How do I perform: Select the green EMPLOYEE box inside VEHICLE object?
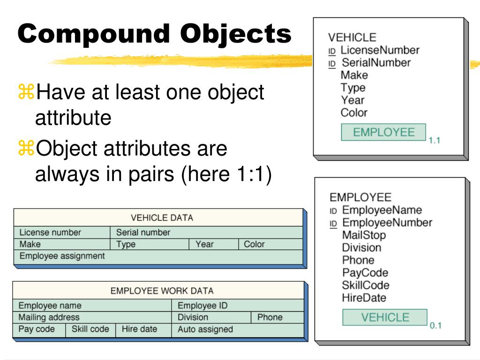383,132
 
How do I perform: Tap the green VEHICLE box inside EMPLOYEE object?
385,317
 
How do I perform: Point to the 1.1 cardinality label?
435,140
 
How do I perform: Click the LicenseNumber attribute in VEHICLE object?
380,50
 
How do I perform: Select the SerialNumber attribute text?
375,63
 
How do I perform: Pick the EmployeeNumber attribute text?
387,223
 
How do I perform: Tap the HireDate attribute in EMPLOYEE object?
364,298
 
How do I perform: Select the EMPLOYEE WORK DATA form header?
162,291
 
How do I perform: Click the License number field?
50,232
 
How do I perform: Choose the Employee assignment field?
62,256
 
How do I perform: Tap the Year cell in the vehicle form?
204,244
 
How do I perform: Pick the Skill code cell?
90,329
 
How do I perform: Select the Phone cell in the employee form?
270,317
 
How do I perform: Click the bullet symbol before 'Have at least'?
26,91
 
